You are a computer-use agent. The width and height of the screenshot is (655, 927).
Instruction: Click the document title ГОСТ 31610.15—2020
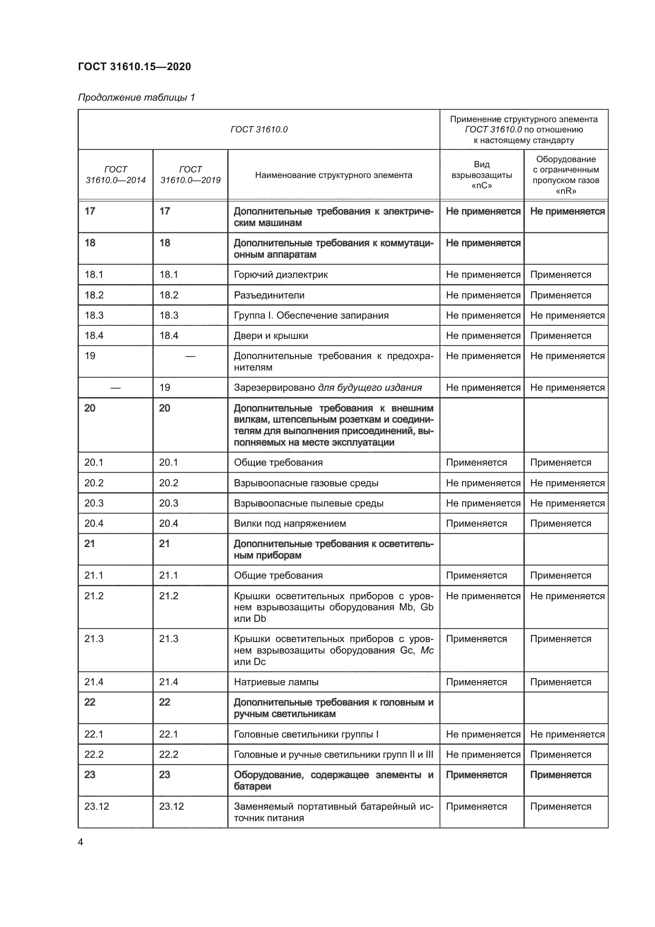click(134, 67)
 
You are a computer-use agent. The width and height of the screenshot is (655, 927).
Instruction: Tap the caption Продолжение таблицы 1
click(136, 97)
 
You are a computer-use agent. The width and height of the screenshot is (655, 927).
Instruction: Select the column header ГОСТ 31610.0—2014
click(115, 175)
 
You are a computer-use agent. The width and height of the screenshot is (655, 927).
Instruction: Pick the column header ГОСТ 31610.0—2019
click(190, 175)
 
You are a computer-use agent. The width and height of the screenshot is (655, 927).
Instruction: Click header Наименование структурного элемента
click(333, 175)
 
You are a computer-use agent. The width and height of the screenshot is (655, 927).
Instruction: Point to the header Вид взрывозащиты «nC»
click(482, 175)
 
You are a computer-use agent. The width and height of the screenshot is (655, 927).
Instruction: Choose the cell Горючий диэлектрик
click(281, 275)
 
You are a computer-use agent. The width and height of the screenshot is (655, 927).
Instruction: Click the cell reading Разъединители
click(269, 295)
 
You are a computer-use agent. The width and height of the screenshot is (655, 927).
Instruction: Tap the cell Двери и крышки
click(270, 336)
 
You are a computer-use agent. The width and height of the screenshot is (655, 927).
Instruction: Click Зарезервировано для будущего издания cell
click(327, 388)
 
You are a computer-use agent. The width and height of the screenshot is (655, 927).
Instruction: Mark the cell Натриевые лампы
click(276, 682)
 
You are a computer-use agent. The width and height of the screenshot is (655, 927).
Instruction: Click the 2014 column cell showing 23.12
click(97, 806)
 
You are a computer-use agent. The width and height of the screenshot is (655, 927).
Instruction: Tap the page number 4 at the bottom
click(80, 842)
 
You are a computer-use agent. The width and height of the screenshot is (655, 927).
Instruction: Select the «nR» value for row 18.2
click(560, 295)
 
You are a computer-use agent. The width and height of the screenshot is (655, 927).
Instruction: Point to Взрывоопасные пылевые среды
click(308, 503)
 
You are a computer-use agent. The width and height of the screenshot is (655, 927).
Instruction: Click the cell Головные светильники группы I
click(306, 734)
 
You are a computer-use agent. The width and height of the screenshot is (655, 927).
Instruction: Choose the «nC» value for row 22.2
click(483, 755)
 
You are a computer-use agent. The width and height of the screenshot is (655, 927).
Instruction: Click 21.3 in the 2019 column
click(169, 639)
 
